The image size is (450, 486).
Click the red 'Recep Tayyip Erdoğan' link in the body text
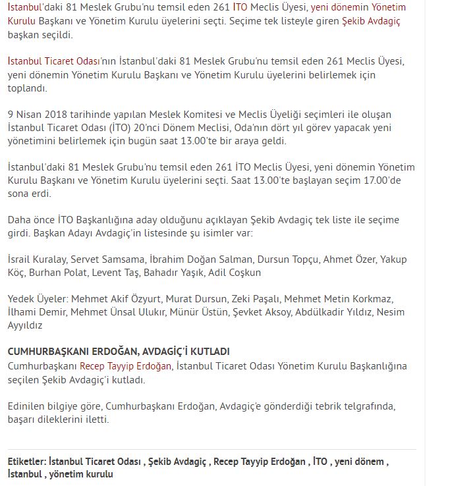(x=126, y=365)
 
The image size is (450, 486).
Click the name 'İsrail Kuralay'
(x=37, y=259)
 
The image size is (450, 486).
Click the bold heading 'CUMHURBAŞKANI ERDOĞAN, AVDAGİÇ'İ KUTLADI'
(x=119, y=352)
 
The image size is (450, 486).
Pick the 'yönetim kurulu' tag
(x=84, y=474)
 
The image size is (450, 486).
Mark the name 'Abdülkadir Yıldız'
(x=335, y=311)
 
